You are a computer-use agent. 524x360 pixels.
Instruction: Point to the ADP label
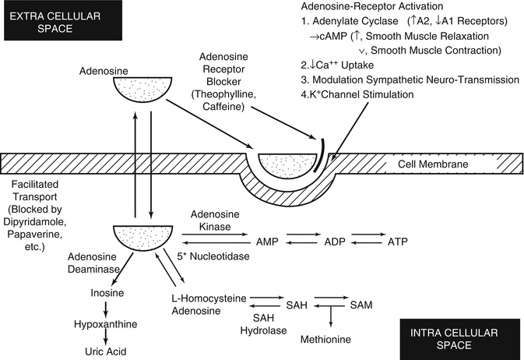(335, 242)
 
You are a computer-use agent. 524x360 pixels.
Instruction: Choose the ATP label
(398, 242)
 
